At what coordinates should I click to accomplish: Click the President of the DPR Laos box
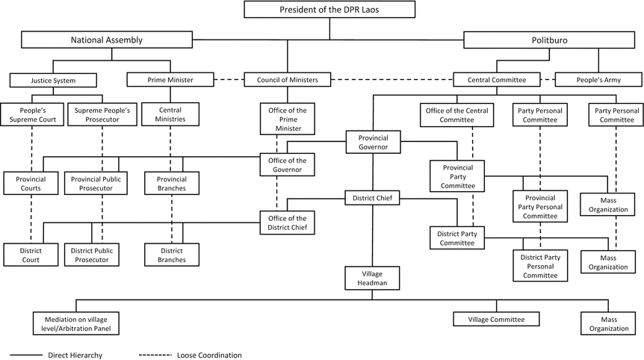pyautogui.click(x=329, y=10)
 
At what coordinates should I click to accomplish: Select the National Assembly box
pyautogui.click(x=106, y=40)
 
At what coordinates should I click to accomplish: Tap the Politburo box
pyautogui.click(x=553, y=40)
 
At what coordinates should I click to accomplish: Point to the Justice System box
pyautogui.click(x=53, y=79)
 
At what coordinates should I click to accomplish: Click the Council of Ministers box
pyautogui.click(x=288, y=79)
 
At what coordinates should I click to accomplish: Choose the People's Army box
pyautogui.click(x=598, y=79)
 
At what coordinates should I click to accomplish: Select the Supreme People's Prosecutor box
pyautogui.click(x=102, y=114)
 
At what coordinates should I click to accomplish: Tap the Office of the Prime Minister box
pyautogui.click(x=288, y=119)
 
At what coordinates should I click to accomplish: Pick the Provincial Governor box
pyautogui.click(x=373, y=142)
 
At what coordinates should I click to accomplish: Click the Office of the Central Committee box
pyautogui.click(x=456, y=114)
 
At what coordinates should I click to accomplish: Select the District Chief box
pyautogui.click(x=373, y=198)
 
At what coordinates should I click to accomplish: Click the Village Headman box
pyautogui.click(x=373, y=278)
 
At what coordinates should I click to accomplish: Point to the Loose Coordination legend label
pyautogui.click(x=208, y=354)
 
